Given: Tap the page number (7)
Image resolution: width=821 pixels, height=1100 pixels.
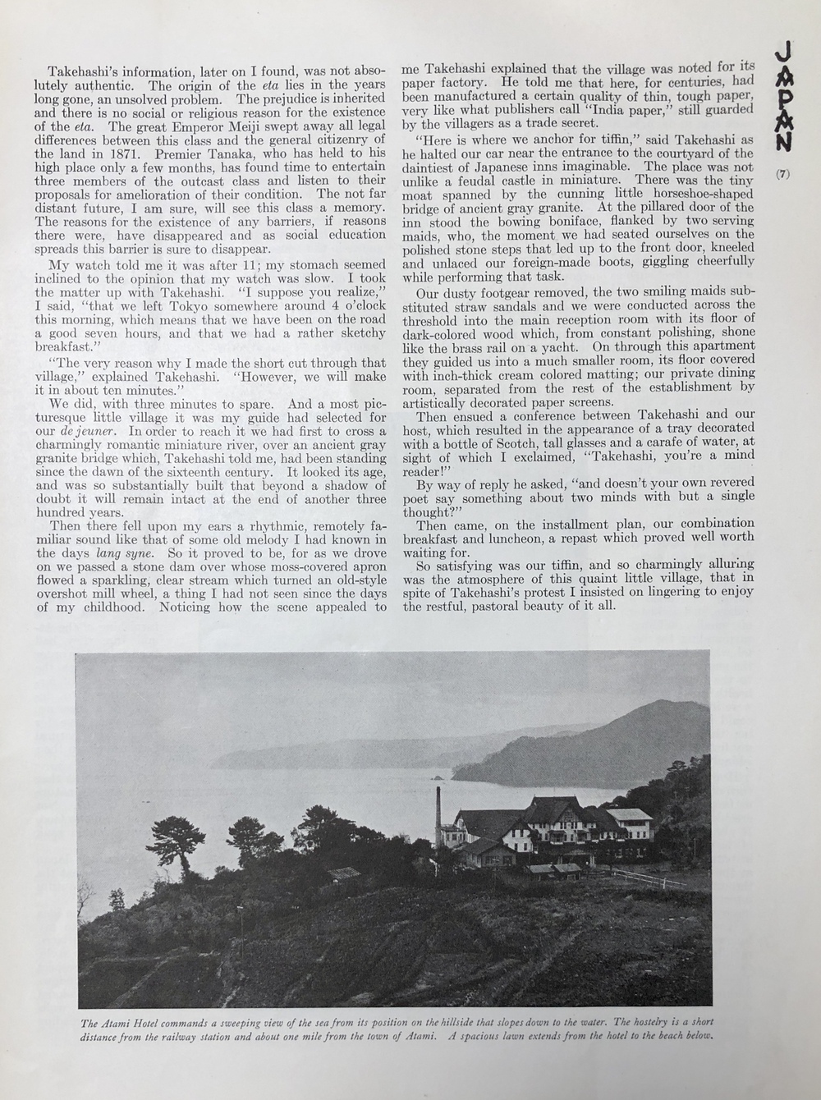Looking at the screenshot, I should coord(783,173).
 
